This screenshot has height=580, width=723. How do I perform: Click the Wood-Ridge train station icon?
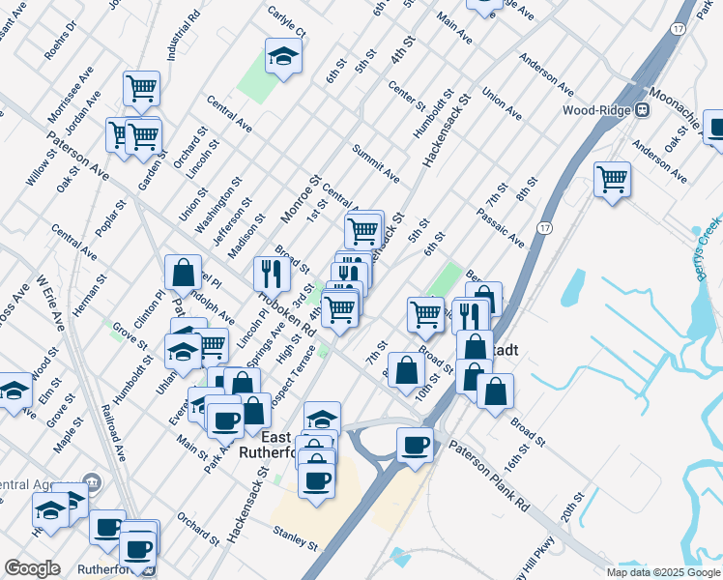click(640, 110)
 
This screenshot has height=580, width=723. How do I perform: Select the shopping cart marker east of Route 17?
click(612, 179)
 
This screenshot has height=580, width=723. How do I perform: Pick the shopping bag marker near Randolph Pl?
click(183, 274)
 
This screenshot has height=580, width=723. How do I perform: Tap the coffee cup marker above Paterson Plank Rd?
click(415, 446)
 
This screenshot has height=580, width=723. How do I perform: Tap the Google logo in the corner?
click(32, 568)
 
